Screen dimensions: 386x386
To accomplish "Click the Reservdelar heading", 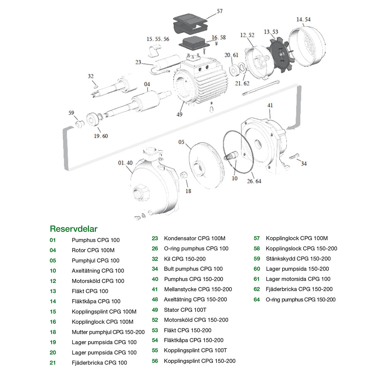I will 74,229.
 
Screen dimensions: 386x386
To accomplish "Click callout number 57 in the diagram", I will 220,11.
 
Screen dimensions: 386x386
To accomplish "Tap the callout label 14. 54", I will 303,20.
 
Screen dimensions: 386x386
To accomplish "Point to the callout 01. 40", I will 125,163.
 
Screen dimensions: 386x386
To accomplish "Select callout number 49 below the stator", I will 179,115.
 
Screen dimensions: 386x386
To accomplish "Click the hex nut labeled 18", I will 184,176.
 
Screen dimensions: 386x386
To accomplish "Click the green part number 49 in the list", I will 155,310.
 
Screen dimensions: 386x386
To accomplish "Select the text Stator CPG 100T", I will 185,310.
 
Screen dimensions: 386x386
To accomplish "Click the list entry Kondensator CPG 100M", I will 195,238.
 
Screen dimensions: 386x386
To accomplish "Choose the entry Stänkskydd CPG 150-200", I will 298,259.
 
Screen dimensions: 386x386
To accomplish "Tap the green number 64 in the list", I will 257,299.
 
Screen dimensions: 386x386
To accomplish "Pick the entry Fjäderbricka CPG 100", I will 99,363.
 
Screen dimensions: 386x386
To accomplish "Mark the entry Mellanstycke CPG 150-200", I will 198,289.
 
